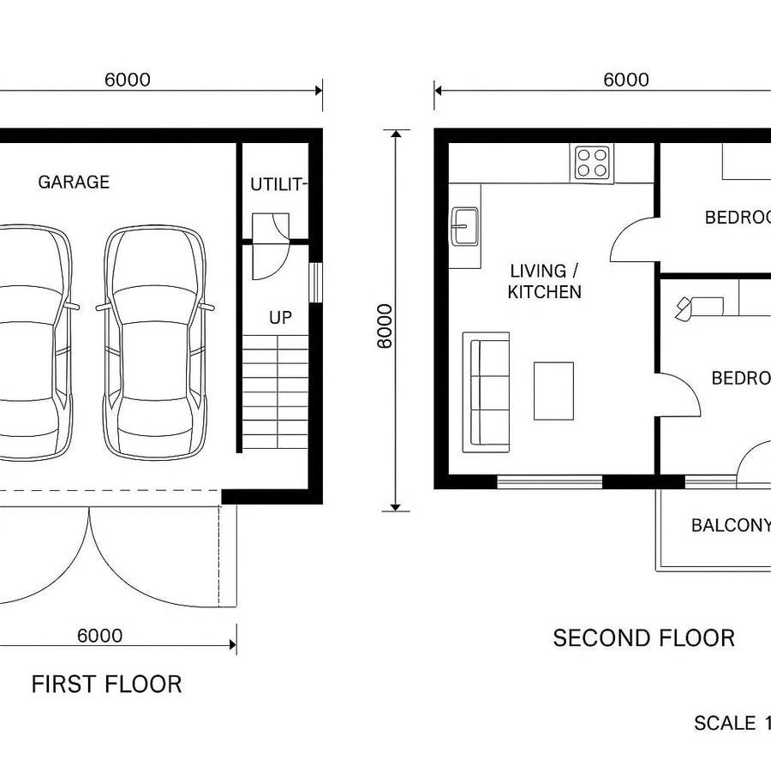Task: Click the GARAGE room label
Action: [x=74, y=182]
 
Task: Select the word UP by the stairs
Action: [x=280, y=318]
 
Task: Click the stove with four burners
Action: [x=593, y=162]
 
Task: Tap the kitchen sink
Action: [x=465, y=227]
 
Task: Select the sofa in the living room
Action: [x=486, y=391]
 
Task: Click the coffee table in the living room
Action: [x=553, y=391]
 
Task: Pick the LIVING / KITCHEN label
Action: [x=544, y=282]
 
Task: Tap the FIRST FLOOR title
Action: [x=106, y=684]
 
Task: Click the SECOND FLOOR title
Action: [x=643, y=638]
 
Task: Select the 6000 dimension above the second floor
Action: [x=625, y=81]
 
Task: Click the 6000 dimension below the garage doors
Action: [x=99, y=636]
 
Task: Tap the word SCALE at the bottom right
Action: [x=724, y=722]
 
